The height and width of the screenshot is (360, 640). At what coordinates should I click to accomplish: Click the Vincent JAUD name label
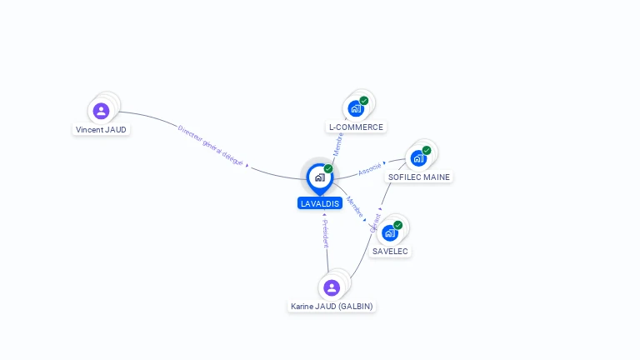(101, 130)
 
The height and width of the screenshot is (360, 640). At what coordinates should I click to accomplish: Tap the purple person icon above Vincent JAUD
(101, 110)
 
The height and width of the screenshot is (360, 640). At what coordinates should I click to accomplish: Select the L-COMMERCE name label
(356, 127)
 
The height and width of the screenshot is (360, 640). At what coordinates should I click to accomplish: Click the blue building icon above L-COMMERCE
(356, 108)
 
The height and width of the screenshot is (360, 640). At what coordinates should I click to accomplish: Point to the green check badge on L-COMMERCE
(364, 101)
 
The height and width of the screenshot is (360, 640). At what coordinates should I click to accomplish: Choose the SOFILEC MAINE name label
(418, 177)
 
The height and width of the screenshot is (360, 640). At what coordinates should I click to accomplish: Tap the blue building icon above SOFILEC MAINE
(418, 158)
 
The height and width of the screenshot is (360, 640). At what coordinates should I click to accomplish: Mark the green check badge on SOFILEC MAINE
(427, 151)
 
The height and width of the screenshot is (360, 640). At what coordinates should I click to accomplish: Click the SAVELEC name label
(391, 251)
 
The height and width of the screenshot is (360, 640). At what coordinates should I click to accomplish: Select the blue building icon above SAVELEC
(389, 232)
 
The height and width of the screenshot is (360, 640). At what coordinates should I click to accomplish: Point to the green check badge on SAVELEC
(398, 225)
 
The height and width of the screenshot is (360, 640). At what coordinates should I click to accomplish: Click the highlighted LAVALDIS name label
(320, 203)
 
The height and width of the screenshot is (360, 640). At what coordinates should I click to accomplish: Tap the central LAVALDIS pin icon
(319, 177)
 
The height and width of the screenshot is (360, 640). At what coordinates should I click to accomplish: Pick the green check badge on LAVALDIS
(328, 169)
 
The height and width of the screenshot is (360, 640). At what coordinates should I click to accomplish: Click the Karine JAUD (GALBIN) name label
(332, 307)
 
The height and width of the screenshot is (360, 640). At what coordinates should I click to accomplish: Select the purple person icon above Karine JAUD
(332, 287)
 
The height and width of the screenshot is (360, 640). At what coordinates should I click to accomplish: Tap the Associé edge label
(369, 169)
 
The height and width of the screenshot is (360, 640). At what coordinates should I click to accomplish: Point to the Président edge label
(325, 234)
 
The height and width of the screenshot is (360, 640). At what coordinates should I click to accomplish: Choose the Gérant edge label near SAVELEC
(376, 222)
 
